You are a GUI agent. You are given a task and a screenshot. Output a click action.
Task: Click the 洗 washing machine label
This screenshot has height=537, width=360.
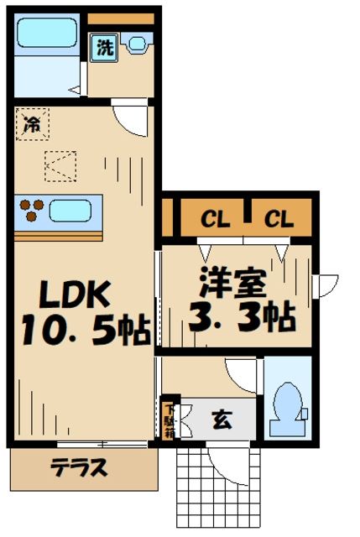tap(104, 48)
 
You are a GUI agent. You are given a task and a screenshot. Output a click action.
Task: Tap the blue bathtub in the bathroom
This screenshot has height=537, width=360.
tap(49, 34)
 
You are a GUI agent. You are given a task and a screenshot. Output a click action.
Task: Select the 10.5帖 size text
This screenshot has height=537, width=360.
tap(82, 332)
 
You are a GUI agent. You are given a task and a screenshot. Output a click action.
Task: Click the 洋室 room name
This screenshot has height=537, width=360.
tap(232, 282)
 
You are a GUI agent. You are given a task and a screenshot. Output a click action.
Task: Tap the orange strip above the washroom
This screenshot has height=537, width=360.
tap(121, 18)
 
